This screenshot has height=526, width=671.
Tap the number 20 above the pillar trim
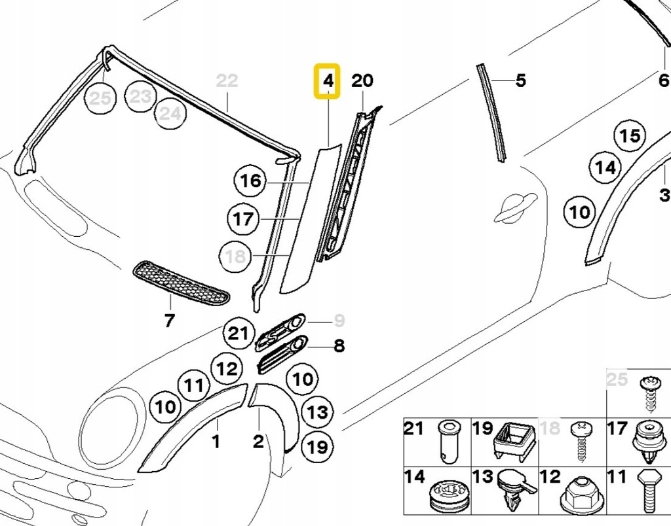point(362,81)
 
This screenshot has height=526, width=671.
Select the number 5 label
point(520,81)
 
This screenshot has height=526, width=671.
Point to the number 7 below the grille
point(169,321)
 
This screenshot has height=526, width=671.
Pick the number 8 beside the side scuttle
point(339,345)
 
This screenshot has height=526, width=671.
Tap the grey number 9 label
point(339,321)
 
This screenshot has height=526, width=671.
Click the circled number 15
point(629,136)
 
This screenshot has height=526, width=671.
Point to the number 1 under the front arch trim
point(216,442)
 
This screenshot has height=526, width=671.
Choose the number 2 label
point(258,442)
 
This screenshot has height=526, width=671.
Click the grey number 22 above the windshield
point(227,81)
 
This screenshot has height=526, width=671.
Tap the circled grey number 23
point(140,97)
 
